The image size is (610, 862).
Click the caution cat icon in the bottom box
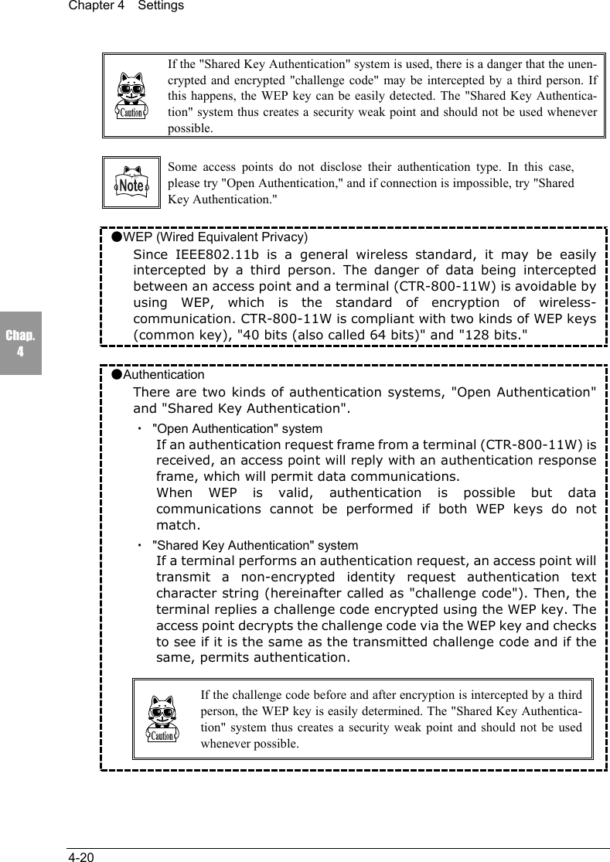pos(162,720)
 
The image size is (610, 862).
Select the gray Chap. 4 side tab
pos(20,343)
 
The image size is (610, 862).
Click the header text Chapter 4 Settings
pos(126,6)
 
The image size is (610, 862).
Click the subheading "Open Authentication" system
pos(237,428)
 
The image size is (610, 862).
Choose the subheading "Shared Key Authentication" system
pos(255,546)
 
